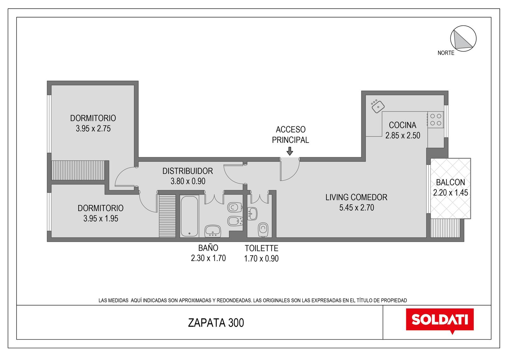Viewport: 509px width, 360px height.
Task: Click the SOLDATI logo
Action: tap(440, 321)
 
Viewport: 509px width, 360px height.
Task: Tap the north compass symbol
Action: tap(463, 39)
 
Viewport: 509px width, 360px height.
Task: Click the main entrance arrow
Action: tap(289, 151)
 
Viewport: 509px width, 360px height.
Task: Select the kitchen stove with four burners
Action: tap(436, 120)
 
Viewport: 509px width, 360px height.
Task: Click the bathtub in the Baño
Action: tap(189, 216)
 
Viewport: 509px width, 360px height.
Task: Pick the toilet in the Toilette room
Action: tap(263, 230)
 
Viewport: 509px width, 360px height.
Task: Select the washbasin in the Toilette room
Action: tap(252, 214)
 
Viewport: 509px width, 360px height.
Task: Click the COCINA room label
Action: tap(402, 125)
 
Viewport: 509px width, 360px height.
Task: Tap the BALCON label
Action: tap(450, 182)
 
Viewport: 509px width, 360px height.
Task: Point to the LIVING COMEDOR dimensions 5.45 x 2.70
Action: tap(357, 208)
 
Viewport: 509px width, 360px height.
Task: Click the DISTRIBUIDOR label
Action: tap(188, 171)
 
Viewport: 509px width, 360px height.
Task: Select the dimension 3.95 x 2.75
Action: tap(93, 129)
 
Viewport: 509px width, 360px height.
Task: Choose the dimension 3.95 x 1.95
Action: tap(101, 219)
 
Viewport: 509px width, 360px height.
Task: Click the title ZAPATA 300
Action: tap(216, 323)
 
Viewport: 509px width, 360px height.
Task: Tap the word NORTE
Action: tap(446, 53)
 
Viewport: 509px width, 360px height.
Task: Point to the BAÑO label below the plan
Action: tap(208, 248)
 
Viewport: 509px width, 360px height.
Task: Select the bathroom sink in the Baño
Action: tap(213, 231)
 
